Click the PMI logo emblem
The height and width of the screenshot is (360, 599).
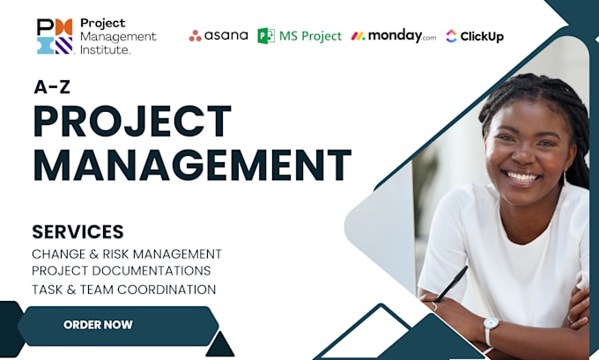[55, 37]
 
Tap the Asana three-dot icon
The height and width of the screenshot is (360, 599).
[196, 36]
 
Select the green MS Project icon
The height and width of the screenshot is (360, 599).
[266, 36]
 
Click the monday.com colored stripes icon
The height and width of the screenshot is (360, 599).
[358, 36]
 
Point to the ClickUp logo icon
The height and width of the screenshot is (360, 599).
[451, 36]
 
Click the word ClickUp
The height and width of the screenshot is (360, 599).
[482, 37]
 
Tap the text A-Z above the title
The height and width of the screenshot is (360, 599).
[52, 87]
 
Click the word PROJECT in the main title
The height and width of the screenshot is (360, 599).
[132, 121]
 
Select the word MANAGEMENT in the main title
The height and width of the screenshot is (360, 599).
[192, 165]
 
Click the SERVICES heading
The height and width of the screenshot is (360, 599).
[78, 231]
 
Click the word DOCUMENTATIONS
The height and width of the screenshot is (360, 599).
[152, 271]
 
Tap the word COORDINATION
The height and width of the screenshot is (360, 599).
[166, 290]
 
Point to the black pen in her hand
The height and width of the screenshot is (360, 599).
[451, 284]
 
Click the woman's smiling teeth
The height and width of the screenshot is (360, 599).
[521, 177]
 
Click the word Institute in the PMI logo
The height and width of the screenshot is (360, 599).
[105, 49]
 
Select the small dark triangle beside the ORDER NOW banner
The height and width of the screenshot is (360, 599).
[219, 344]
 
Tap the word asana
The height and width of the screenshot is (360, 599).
[226, 35]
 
